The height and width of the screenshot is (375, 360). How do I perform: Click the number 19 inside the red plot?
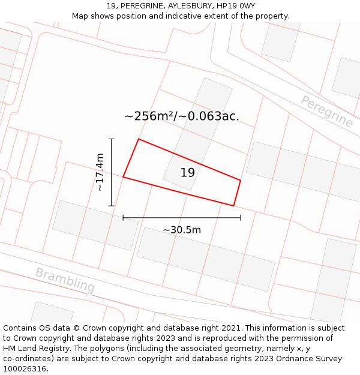pos(187,173)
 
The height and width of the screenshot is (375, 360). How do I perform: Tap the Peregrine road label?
pos(326,111)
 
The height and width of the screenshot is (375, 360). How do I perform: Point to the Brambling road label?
pos(65,280)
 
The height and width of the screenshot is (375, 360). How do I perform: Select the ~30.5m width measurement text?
pos(181,230)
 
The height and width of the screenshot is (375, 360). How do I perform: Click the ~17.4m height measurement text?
pos(100,172)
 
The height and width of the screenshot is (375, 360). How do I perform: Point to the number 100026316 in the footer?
pos(24,369)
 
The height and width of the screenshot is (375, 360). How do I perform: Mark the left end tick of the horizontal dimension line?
pos(123,218)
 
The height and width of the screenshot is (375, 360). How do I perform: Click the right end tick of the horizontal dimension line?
pos(241,218)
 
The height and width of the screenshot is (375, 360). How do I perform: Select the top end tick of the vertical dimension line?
pos(111,139)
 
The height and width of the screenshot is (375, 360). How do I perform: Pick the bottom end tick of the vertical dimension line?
pos(111,206)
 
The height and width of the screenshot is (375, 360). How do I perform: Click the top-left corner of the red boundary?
pos(139,139)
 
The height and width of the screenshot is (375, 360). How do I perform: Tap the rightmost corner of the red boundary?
pos(241,180)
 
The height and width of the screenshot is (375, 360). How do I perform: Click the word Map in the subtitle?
pos(80,16)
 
